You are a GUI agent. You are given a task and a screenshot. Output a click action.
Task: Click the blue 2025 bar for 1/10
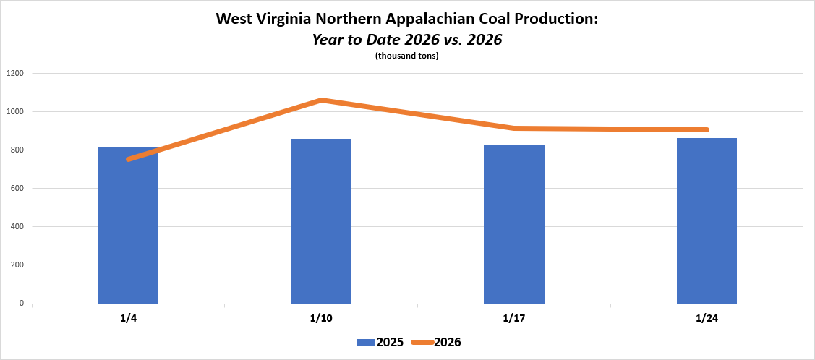[321, 220]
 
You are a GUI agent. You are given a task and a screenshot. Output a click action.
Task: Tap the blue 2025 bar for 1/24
[707, 220]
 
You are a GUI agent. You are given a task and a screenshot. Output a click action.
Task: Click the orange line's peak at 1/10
[321, 100]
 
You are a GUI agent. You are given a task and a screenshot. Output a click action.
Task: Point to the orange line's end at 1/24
[706, 130]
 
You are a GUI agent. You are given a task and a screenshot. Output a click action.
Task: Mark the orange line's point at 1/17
[514, 129]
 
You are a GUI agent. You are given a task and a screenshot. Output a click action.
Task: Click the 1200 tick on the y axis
[15, 73]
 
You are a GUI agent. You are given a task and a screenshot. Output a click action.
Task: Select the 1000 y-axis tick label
[15, 111]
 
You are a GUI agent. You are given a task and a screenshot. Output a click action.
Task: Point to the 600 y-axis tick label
[17, 188]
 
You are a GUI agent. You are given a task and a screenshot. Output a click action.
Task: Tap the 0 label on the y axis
[22, 303]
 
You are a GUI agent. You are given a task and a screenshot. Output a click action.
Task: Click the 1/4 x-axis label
[128, 318]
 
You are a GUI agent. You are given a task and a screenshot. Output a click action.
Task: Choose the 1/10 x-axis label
[321, 318]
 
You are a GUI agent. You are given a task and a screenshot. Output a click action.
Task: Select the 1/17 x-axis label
[514, 318]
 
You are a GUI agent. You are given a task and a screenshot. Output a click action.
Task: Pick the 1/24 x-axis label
[707, 318]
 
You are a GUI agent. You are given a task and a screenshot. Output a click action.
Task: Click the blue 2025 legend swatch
[365, 343]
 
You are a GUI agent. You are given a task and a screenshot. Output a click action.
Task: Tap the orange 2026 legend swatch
[422, 343]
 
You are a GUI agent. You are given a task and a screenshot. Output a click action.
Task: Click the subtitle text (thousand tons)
[407, 56]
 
